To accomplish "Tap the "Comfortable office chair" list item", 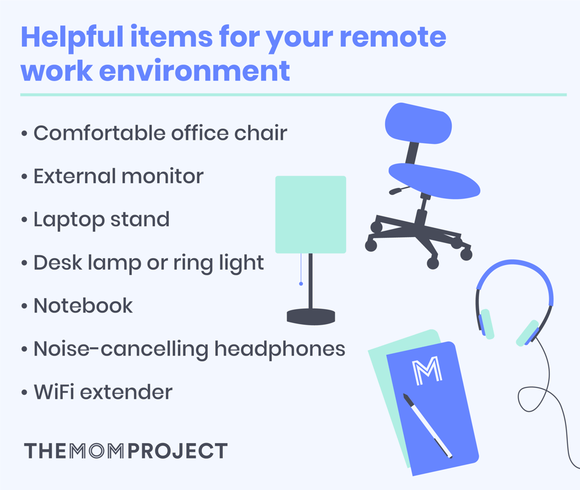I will tap(160, 133).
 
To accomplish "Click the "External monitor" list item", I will tap(118, 176).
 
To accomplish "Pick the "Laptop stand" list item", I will tap(101, 219).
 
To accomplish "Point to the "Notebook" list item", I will tap(83, 306).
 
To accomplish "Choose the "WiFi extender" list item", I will tap(103, 392).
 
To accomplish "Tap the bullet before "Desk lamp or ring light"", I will tap(24, 264).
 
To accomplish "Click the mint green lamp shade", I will tap(310, 215).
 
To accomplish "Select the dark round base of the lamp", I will tap(311, 316).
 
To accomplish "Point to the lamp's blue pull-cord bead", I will tap(301, 284).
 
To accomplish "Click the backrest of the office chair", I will tap(418, 124).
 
